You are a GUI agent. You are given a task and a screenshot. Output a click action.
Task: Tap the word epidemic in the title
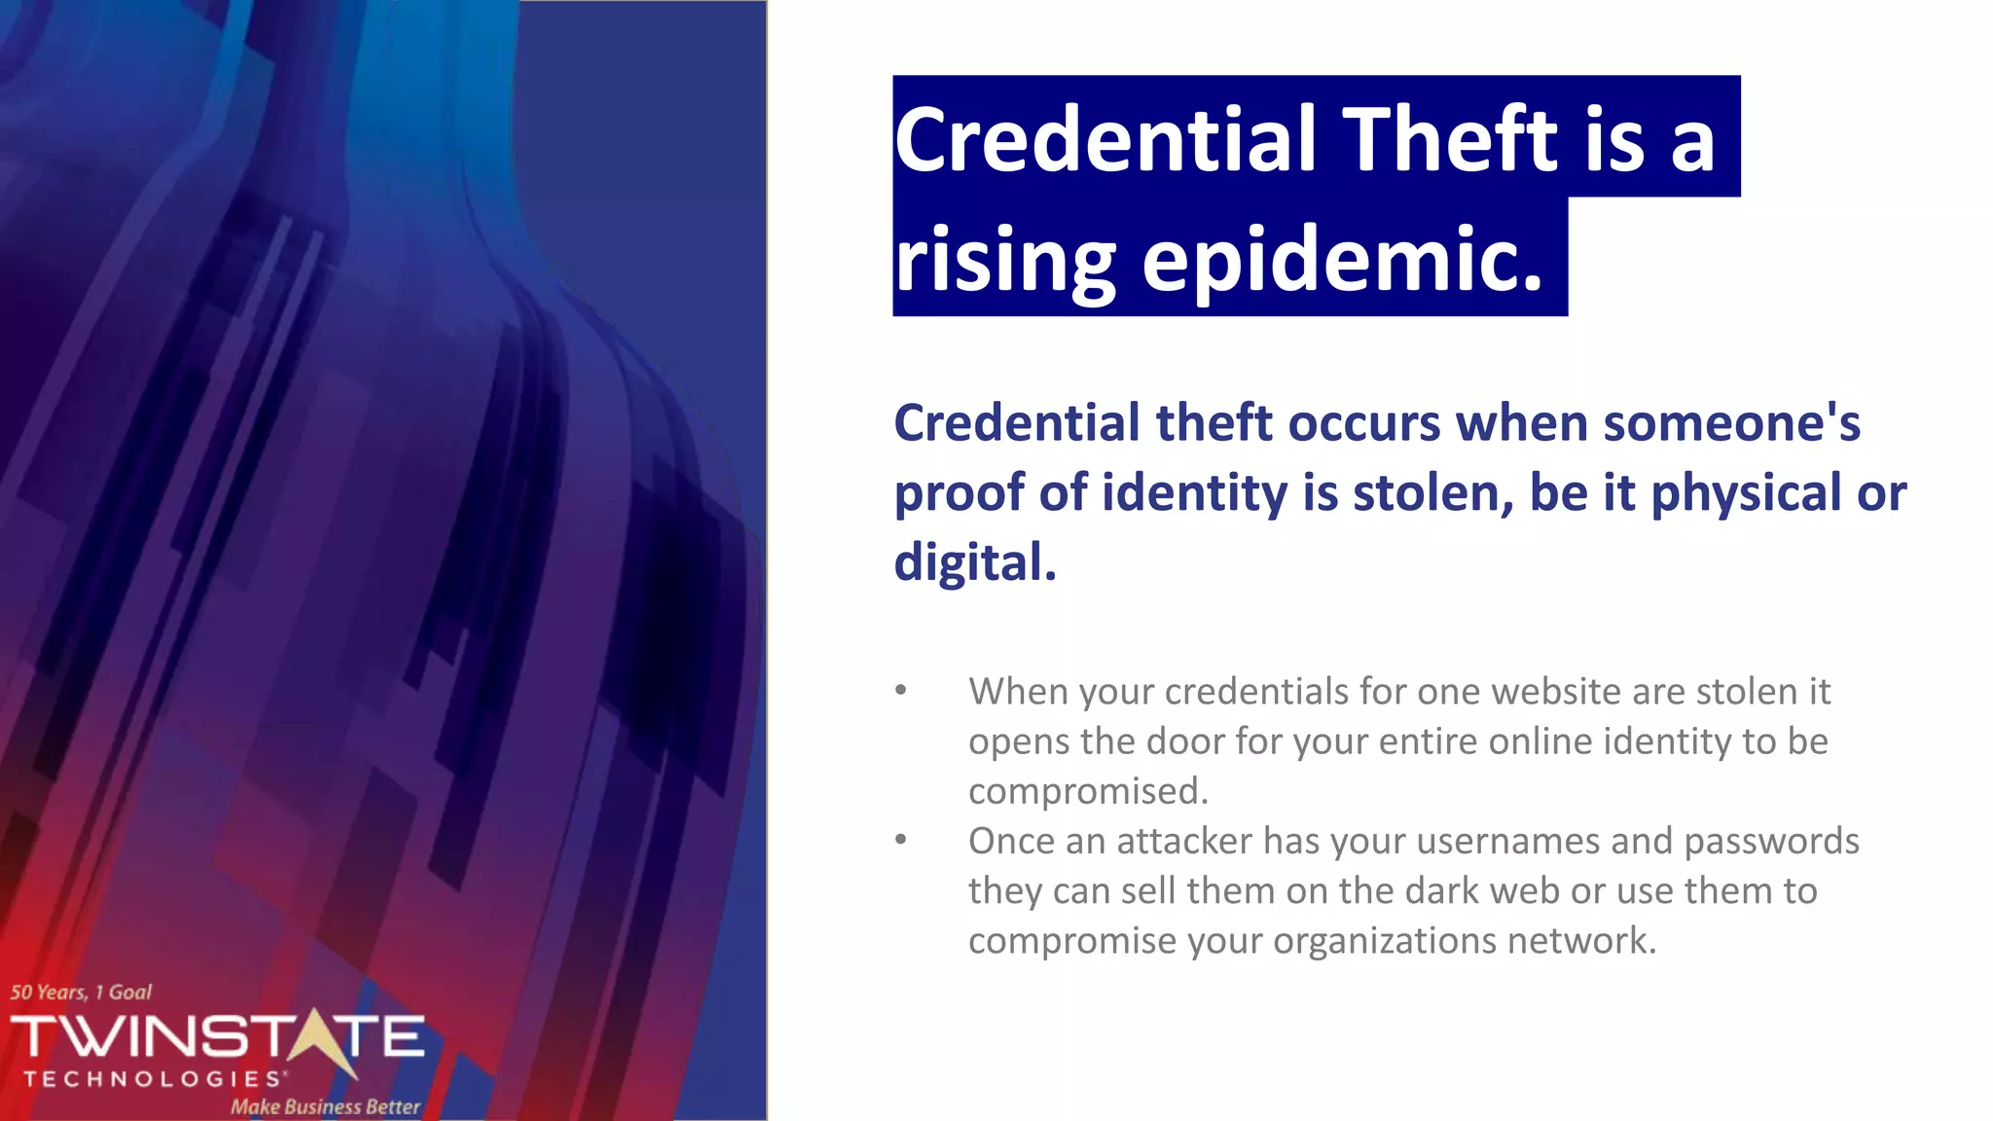pyautogui.click(x=1342, y=260)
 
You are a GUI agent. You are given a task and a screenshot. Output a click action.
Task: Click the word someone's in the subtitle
pyautogui.click(x=1731, y=423)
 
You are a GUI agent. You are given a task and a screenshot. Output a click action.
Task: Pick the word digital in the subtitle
pyautogui.click(x=974, y=562)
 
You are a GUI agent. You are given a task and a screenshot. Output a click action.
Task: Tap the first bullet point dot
pyautogui.click(x=901, y=691)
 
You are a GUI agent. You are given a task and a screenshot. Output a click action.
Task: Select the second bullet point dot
pyautogui.click(x=901, y=840)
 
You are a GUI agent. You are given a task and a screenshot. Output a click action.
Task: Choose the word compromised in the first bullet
pyautogui.click(x=1087, y=791)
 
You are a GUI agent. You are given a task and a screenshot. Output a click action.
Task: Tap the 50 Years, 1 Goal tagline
pyautogui.click(x=81, y=993)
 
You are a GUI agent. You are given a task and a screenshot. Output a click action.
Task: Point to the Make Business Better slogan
pyautogui.click(x=325, y=1106)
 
